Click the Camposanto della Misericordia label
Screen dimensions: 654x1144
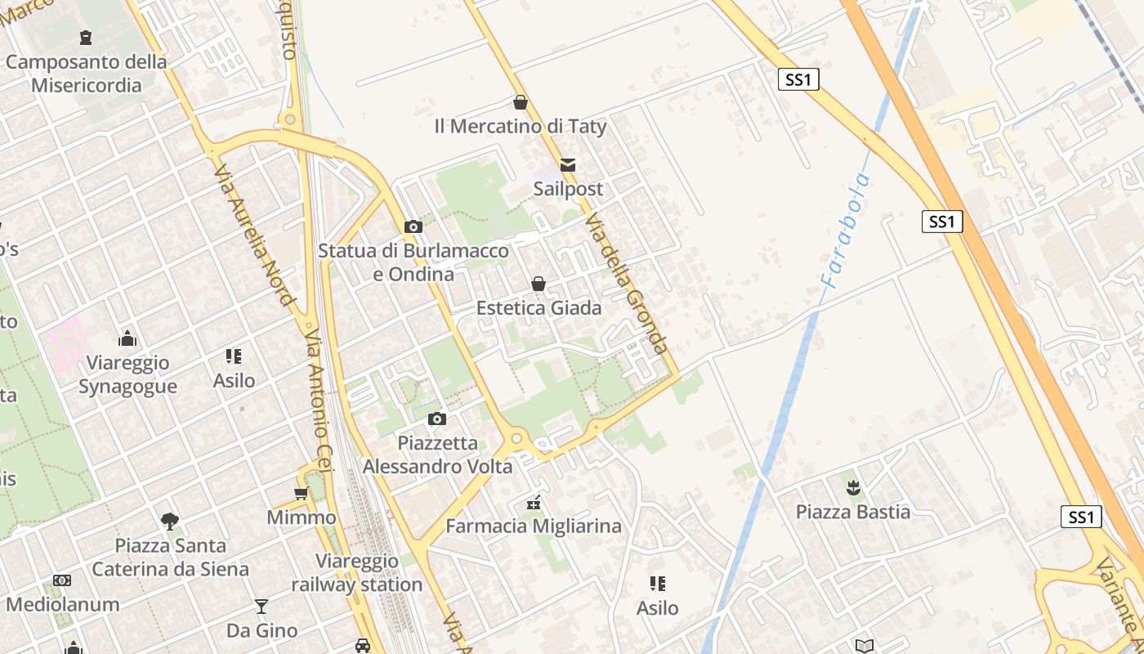click(86, 74)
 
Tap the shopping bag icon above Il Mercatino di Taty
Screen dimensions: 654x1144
click(520, 102)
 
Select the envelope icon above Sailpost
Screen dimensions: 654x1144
click(568, 165)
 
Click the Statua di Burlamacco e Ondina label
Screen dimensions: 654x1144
click(413, 262)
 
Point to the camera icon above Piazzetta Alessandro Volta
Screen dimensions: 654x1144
click(437, 419)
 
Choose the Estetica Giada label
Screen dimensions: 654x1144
click(538, 308)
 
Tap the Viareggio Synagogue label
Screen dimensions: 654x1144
click(127, 374)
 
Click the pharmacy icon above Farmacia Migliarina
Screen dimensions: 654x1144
click(534, 502)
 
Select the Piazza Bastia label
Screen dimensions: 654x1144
click(853, 512)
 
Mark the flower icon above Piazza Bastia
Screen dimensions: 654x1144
click(853, 489)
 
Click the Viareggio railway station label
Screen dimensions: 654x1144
click(357, 573)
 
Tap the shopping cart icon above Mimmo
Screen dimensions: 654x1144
click(301, 493)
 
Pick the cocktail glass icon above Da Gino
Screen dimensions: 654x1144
click(261, 606)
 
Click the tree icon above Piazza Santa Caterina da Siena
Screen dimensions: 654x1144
click(170, 521)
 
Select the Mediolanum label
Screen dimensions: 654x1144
click(63, 605)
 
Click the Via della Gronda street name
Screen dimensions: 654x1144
click(628, 284)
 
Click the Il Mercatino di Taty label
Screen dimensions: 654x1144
click(521, 127)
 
